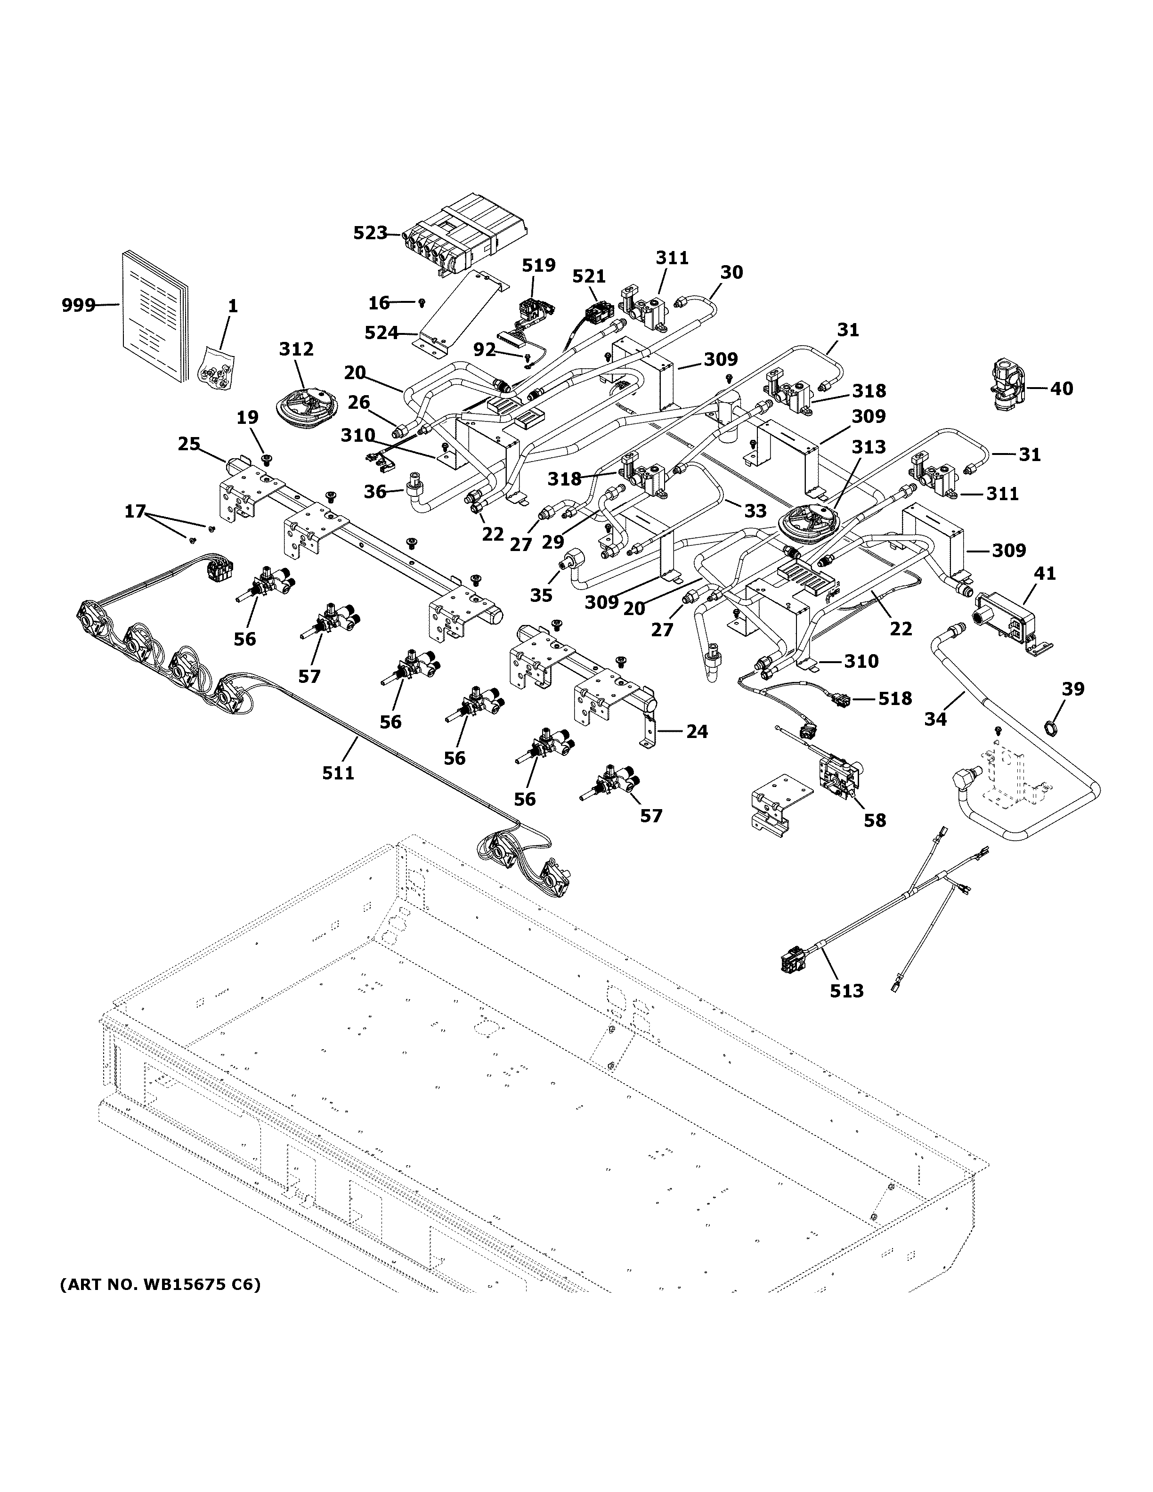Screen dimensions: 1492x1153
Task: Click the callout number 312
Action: (296, 350)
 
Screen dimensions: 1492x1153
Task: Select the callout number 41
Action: (1044, 574)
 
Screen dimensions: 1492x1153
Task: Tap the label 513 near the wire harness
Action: (846, 990)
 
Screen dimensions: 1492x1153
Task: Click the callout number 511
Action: (338, 773)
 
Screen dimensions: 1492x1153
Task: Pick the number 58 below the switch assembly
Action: (874, 820)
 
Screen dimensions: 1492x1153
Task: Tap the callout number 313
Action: (868, 447)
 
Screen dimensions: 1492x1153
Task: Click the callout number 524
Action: (381, 332)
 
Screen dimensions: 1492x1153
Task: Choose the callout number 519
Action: (539, 265)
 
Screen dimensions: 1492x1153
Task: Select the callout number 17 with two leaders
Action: (135, 511)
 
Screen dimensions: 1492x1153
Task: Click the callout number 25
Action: (189, 444)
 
